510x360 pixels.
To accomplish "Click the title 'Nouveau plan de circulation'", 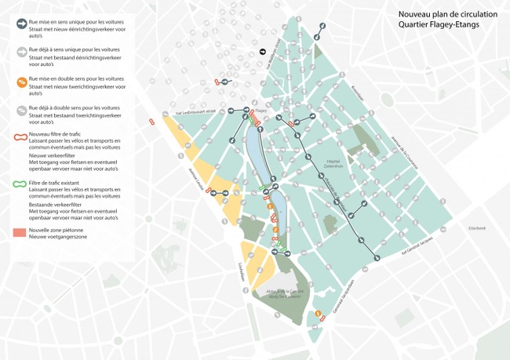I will [x=447, y=14].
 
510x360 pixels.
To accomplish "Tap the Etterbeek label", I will [x=477, y=228].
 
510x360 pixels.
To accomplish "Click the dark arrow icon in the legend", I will [x=20, y=24].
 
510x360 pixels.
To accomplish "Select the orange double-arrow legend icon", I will [x=20, y=82].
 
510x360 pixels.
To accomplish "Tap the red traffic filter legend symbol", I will [x=20, y=136].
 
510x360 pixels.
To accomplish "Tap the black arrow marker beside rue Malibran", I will [x=264, y=53].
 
